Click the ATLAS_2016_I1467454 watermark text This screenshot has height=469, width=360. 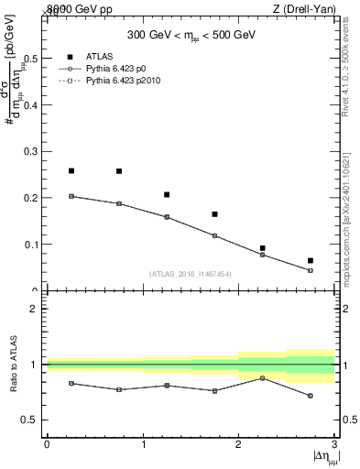pos(191,273)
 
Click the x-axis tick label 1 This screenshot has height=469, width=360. pos(143,444)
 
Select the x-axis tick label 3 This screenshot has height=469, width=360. pos(334,444)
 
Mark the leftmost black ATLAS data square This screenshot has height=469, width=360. pos(71,171)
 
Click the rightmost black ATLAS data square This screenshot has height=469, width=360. pos(311,261)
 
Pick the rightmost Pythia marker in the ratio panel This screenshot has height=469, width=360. pos(311,396)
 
